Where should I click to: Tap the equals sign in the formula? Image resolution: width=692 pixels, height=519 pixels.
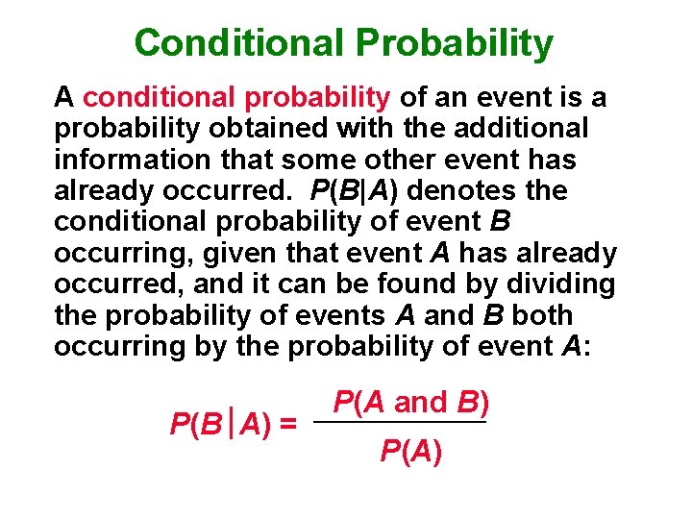[x=286, y=424]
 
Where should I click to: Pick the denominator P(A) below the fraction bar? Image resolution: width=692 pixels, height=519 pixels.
[x=411, y=450]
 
